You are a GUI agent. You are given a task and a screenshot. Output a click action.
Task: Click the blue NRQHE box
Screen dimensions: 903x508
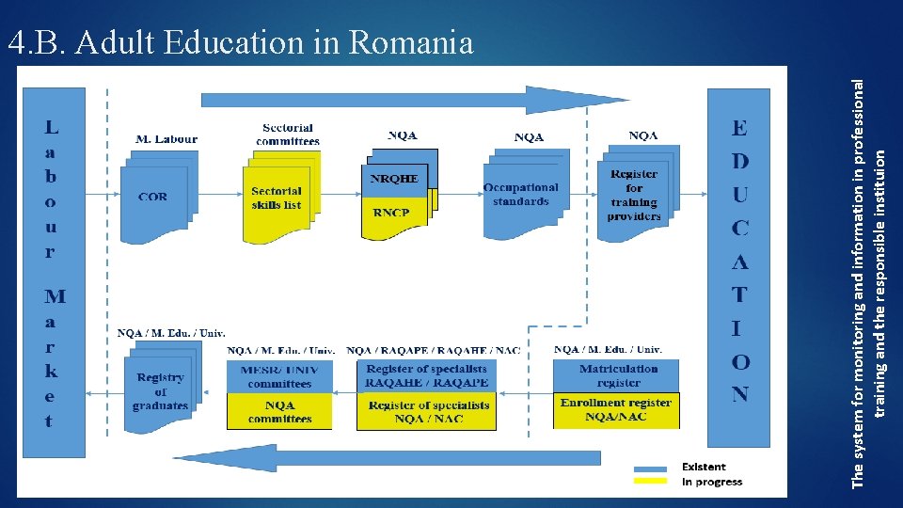(394, 179)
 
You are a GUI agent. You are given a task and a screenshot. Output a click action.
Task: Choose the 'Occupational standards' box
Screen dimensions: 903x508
(521, 195)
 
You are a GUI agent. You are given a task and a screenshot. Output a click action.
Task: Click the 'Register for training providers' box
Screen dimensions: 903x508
(635, 196)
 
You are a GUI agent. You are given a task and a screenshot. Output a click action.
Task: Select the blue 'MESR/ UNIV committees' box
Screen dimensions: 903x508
(279, 376)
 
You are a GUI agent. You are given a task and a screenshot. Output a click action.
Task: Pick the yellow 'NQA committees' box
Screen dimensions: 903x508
(279, 411)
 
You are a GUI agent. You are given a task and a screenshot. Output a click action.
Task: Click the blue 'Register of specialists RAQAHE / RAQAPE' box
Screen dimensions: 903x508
(427, 376)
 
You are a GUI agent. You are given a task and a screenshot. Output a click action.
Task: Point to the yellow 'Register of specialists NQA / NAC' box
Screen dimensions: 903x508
(427, 412)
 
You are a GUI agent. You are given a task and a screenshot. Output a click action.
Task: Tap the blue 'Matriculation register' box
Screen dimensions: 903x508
(617, 375)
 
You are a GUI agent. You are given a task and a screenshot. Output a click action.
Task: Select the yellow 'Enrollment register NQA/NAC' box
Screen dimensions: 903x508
(616, 410)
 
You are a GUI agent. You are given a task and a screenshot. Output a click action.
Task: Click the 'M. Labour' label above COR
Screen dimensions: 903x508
(166, 139)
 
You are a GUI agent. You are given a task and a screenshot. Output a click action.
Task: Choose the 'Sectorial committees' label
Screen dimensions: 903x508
(288, 134)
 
